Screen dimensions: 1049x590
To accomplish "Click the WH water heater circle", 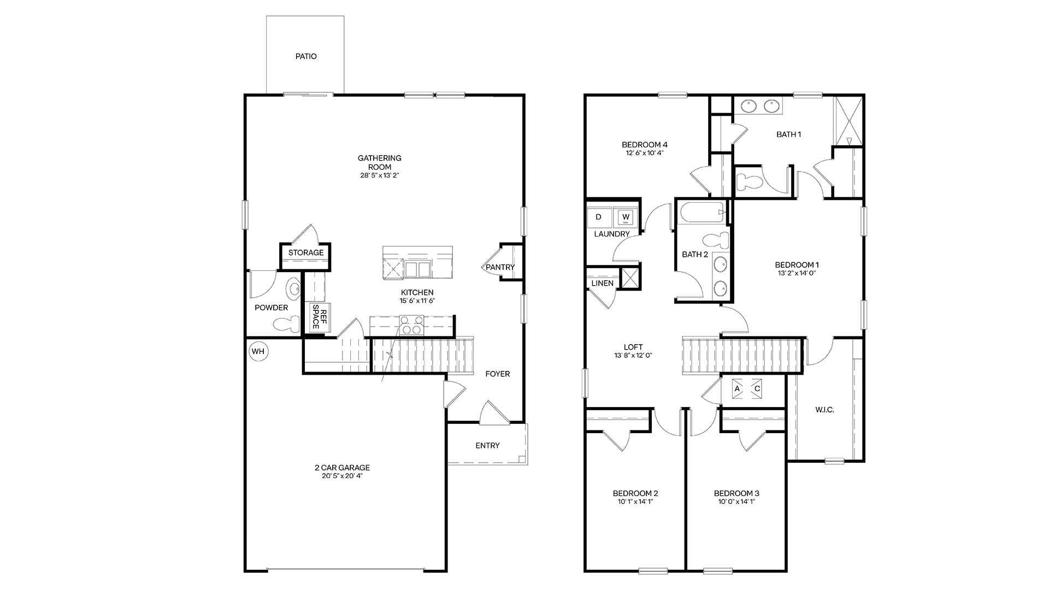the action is click(258, 351).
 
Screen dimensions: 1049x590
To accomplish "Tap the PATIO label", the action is click(306, 56).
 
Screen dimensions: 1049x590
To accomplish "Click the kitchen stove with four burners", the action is click(412, 325).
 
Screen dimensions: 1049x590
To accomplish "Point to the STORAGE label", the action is click(306, 252).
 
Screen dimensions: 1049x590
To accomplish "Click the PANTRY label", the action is click(500, 267).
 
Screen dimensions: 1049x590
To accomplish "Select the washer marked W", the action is click(626, 217).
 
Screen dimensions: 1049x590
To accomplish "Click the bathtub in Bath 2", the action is click(703, 213).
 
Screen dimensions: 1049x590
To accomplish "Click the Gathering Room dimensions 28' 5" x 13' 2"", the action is click(380, 175).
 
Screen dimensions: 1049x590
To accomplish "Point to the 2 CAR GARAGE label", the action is click(342, 468).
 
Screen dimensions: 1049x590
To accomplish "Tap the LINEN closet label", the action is click(603, 284).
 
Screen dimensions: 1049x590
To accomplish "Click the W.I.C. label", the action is click(824, 410).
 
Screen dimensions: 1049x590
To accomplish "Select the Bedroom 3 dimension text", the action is click(736, 501).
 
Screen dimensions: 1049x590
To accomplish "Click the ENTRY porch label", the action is click(487, 445).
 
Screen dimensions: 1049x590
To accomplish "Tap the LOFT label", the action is click(633, 347).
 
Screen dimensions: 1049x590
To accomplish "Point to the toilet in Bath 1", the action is click(748, 180).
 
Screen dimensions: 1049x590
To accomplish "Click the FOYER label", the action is click(498, 374).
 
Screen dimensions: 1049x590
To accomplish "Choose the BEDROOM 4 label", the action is click(645, 145).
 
